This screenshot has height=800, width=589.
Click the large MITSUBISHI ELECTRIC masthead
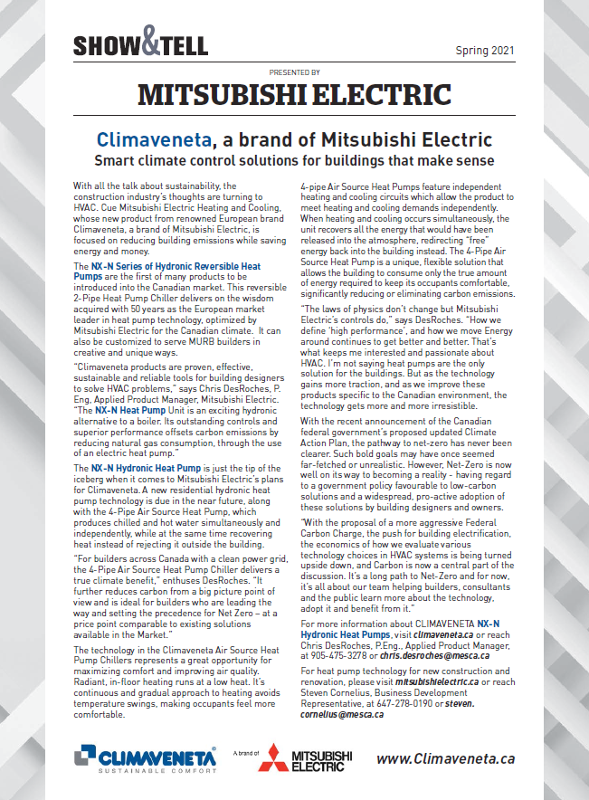pyautogui.click(x=294, y=94)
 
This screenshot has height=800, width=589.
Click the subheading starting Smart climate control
pyautogui.click(x=294, y=161)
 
